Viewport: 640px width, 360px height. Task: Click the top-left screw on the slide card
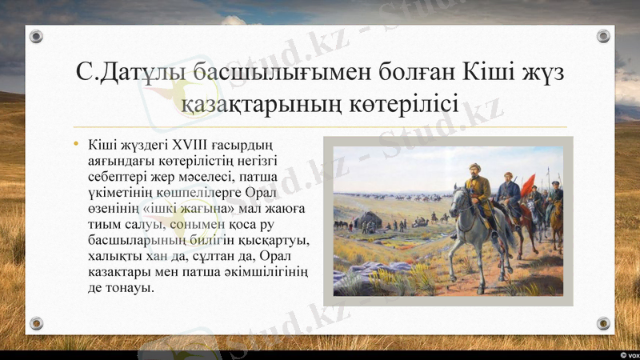tap(36, 37)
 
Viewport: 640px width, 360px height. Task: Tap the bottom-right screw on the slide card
tap(603, 323)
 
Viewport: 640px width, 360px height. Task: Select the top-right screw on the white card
tap(603, 37)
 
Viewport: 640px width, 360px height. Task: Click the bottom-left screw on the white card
tap(36, 323)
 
